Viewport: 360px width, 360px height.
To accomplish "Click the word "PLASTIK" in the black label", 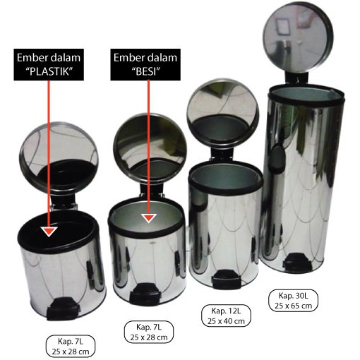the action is pos(49,71).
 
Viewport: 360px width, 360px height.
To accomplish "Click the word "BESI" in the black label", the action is pos(145,71).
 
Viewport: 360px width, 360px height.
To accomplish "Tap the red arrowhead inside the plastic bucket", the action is pos(49,232).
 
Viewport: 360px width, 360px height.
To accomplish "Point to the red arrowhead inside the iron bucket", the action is pos(149,218).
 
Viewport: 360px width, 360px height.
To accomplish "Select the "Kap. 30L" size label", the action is pos(293,301).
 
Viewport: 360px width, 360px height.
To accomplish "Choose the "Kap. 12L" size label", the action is pos(226,316).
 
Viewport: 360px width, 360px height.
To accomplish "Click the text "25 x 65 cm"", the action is pos(293,306).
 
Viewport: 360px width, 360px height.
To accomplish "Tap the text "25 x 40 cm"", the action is pos(226,321).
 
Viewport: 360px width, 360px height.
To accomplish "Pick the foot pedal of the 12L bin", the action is pos(226,280).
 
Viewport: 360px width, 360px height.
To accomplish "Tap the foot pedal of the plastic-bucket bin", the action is pos(62,308).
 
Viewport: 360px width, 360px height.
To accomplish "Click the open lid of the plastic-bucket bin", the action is pos(59,157).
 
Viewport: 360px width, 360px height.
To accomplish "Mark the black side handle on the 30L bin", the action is pos(277,157).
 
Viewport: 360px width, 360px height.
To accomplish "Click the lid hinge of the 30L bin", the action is pos(297,78).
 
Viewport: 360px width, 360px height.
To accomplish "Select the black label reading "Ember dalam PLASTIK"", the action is pos(49,65).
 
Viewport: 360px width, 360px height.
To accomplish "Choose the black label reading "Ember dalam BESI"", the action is pos(145,65).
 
